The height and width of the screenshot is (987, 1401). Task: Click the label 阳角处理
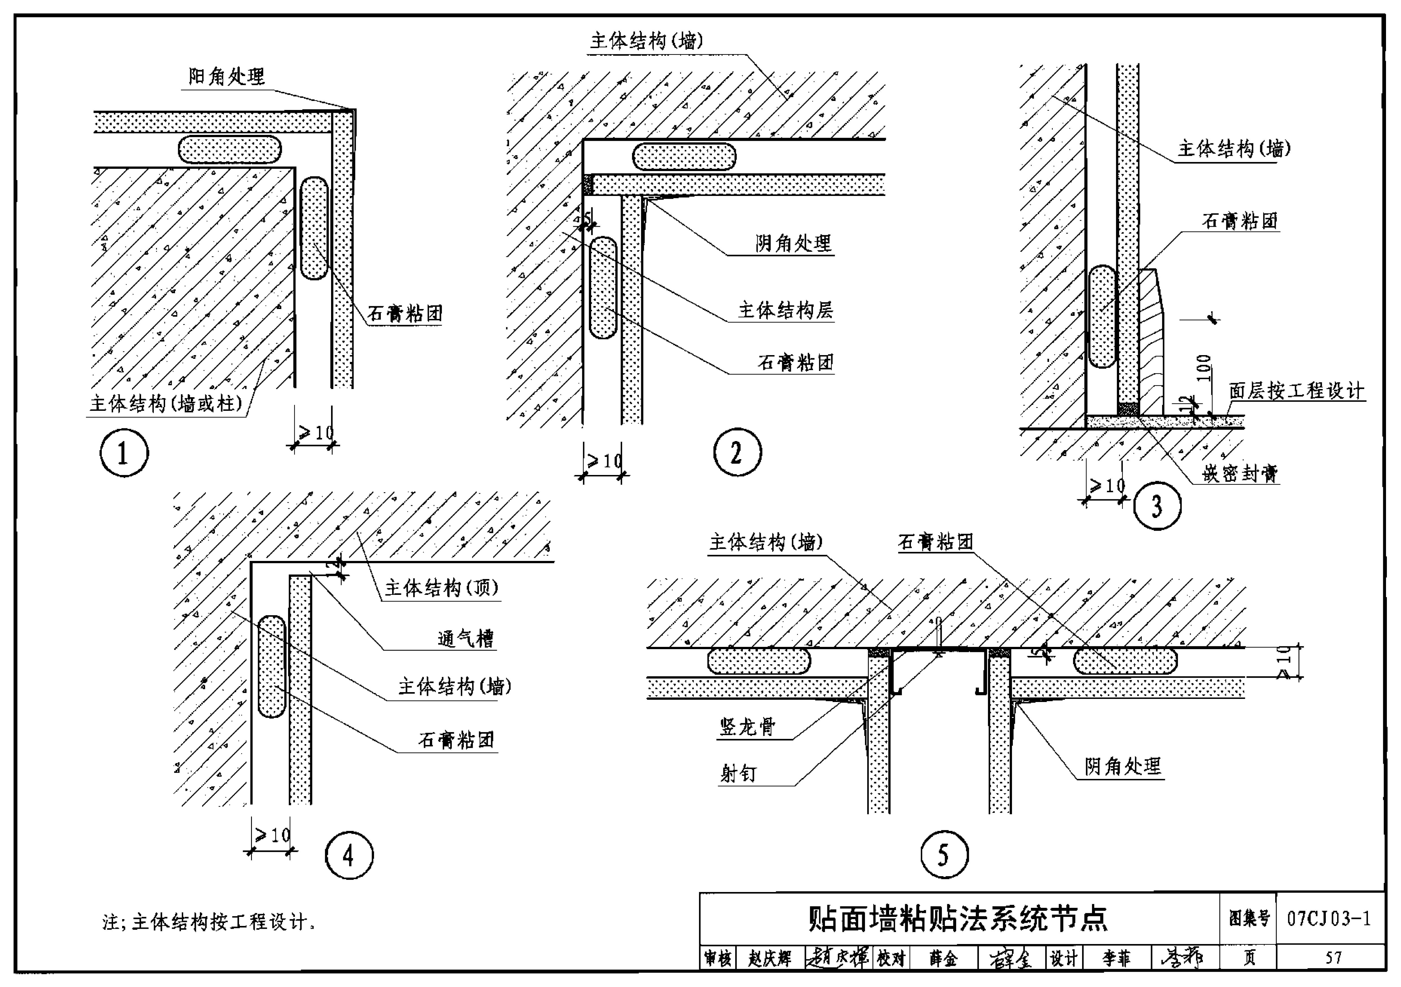226,77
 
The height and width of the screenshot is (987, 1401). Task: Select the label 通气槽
466,639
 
